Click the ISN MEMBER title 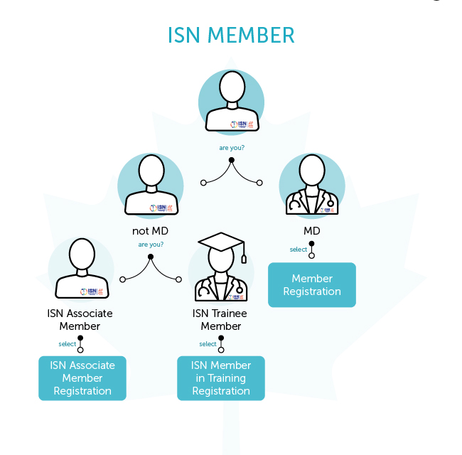click(x=231, y=35)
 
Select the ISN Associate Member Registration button click(x=82, y=378)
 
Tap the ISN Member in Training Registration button click(x=220, y=378)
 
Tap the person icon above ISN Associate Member click(x=80, y=269)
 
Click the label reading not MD click(x=150, y=231)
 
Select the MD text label click(x=312, y=231)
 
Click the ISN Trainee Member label click(x=221, y=320)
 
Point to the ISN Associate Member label click(x=80, y=320)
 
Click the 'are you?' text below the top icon click(x=232, y=148)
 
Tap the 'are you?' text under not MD click(x=151, y=245)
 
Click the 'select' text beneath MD click(x=299, y=250)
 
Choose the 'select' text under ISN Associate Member click(x=68, y=344)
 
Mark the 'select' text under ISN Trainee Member click(x=208, y=344)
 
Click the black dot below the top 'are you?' click(x=231, y=160)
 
